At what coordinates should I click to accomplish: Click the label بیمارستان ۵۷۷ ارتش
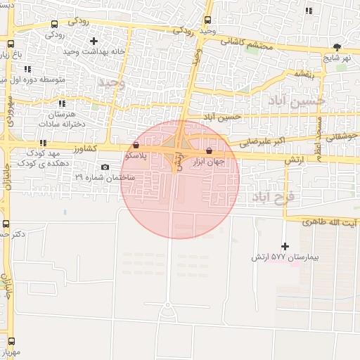[285, 257]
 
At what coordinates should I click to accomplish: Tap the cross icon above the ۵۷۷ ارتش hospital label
[285, 246]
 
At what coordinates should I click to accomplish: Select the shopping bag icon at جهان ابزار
[209, 151]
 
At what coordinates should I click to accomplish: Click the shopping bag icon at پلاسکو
[136, 144]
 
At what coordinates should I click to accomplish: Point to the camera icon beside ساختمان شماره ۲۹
[105, 167]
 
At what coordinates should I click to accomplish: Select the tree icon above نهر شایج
[337, 48]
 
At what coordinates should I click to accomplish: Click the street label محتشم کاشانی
[244, 42]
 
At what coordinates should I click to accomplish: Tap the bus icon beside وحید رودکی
[207, 20]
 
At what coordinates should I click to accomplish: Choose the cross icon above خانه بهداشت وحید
[94, 41]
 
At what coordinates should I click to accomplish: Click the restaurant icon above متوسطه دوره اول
[27, 69]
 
